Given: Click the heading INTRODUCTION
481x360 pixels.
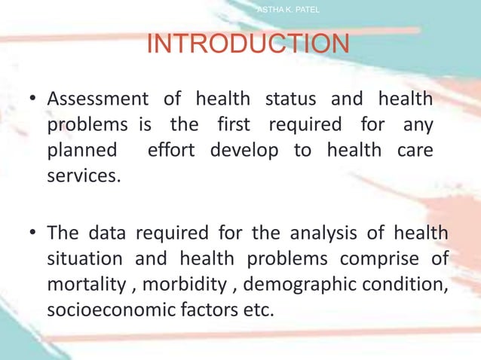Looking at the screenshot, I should [x=247, y=44].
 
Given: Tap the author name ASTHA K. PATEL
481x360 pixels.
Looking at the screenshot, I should [x=289, y=9].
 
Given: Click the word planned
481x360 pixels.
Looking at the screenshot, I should [x=81, y=150].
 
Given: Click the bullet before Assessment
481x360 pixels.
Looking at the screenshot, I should [x=32, y=99].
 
